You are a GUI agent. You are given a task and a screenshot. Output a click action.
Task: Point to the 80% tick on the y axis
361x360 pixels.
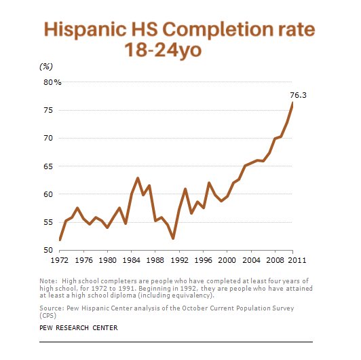point(52,82)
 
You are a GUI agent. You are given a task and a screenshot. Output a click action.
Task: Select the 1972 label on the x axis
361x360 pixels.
point(60,259)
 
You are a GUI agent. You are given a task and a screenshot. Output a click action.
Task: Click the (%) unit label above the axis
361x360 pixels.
point(47,66)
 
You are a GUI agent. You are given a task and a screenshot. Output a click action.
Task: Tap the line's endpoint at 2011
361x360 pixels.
point(292,103)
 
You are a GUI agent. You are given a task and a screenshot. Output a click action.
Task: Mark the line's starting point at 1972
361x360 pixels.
point(60,240)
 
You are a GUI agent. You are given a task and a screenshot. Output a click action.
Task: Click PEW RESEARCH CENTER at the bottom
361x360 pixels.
point(79,327)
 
